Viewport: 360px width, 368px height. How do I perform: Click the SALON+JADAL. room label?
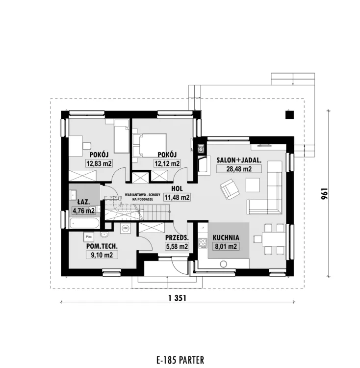pyautogui.click(x=239, y=160)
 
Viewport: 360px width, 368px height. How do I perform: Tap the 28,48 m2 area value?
pyautogui.click(x=239, y=169)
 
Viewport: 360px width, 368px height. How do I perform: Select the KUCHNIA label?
pyautogui.click(x=226, y=237)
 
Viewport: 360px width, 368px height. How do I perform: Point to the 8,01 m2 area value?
pyautogui.click(x=226, y=246)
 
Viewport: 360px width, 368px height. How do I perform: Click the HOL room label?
pyautogui.click(x=177, y=188)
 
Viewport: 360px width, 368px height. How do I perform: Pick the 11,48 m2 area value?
pyautogui.click(x=177, y=197)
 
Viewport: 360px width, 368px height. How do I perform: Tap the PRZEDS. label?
pyautogui.click(x=177, y=237)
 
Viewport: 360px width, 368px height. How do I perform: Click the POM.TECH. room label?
pyautogui.click(x=102, y=246)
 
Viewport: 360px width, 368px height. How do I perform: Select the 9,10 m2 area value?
pyautogui.click(x=102, y=255)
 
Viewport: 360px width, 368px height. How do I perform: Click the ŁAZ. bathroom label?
pyautogui.click(x=83, y=202)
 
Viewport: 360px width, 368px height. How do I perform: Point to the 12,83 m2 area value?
pyautogui.click(x=99, y=163)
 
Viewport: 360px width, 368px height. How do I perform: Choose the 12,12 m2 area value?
pyautogui.click(x=167, y=163)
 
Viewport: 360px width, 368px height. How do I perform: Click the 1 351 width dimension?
pyautogui.click(x=177, y=298)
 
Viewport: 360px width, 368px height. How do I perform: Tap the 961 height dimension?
pyautogui.click(x=324, y=194)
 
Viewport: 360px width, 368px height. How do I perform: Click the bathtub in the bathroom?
pyautogui.click(x=84, y=223)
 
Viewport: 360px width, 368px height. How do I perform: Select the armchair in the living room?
pyautogui.click(x=230, y=189)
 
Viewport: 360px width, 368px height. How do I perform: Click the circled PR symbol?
pyautogui.click(x=126, y=228)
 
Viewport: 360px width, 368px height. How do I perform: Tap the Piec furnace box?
pyautogui.click(x=89, y=237)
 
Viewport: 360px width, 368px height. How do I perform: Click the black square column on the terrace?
pyautogui.click(x=290, y=115)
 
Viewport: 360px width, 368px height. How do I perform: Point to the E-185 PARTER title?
pyautogui.click(x=180, y=360)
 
